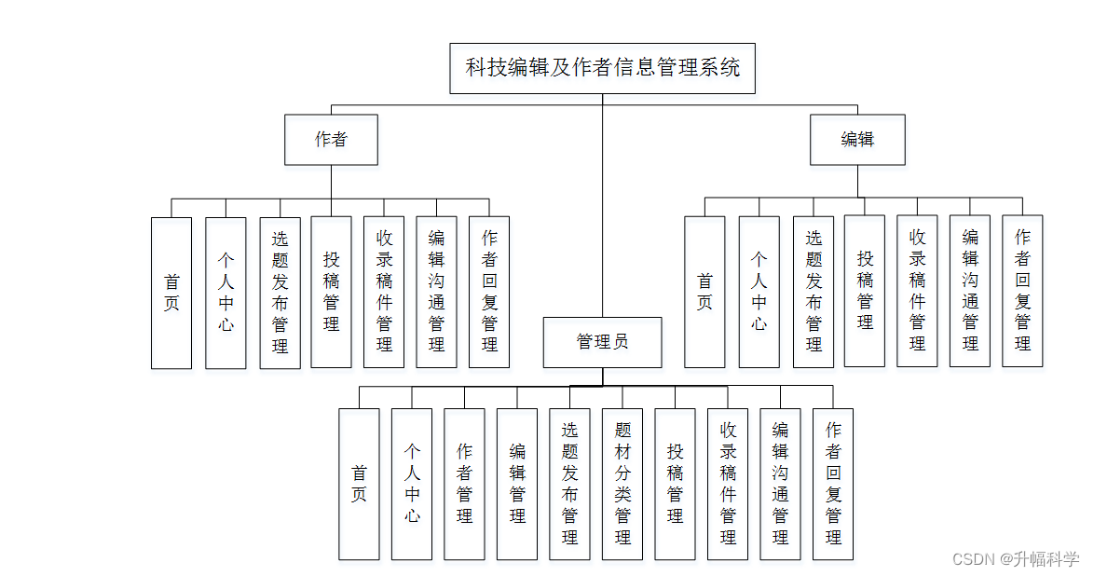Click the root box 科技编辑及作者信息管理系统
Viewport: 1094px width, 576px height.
602,68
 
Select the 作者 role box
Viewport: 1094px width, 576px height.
331,140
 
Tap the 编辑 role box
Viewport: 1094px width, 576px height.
857,140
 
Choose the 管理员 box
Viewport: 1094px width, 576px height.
602,342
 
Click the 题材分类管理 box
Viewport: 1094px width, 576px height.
622,484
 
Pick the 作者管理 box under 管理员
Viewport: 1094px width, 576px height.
464,484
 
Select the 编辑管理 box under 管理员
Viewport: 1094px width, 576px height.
517,484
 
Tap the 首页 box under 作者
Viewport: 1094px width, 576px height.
171,293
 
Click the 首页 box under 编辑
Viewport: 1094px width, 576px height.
704,291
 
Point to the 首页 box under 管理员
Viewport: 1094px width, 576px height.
359,484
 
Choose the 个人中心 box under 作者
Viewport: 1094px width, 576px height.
226,293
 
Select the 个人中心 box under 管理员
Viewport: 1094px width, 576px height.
412,484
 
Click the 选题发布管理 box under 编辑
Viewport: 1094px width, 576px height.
814,291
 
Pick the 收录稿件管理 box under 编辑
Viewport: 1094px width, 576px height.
917,291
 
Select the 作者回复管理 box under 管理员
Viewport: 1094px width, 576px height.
833,484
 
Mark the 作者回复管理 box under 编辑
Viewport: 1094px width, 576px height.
1022,291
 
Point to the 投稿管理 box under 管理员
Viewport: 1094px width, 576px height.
675,484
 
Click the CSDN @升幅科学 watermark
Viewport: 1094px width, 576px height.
1015,559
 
